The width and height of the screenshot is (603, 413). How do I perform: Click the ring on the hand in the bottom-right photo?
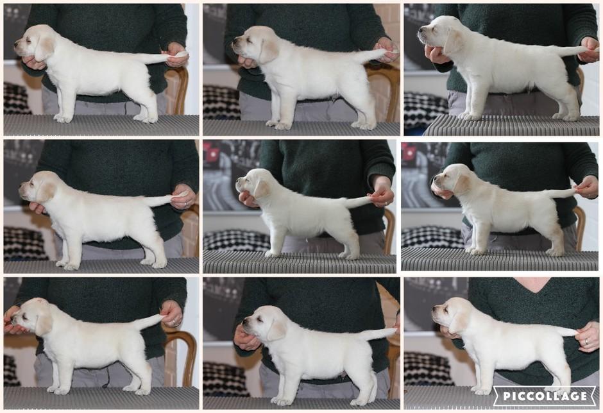click(x=586, y=341)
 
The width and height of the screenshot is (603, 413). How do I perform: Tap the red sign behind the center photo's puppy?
click(x=211, y=152)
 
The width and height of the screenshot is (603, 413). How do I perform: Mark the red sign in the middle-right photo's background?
click(x=408, y=152)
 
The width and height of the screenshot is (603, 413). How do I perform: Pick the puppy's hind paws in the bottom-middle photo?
click(x=362, y=401)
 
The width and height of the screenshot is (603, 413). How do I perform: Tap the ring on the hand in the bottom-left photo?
click(x=174, y=322)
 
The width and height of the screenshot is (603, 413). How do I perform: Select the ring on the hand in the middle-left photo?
click(x=185, y=205)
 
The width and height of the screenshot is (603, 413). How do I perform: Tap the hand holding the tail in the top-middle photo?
click(x=387, y=50)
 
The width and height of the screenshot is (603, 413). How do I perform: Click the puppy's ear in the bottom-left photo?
click(x=44, y=324)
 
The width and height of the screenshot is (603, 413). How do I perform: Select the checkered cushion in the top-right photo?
click(x=423, y=110)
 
